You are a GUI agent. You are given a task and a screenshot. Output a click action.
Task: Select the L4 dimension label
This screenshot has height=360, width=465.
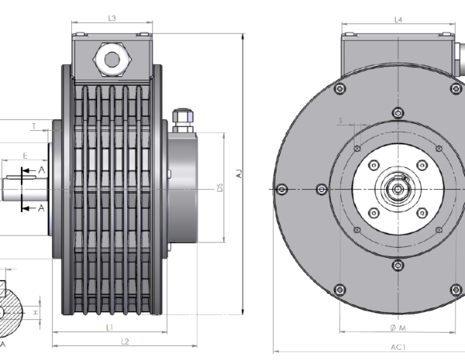398,19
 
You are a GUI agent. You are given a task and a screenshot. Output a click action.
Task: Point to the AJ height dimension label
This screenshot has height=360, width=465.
239,175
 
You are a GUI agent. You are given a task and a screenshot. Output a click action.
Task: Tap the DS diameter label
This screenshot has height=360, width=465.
221,187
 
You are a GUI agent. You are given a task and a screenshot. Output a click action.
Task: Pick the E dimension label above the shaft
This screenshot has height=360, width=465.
26,156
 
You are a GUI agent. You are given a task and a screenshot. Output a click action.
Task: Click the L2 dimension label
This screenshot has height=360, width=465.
124,341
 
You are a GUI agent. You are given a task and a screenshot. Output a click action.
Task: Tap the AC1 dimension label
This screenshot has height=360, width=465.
398,346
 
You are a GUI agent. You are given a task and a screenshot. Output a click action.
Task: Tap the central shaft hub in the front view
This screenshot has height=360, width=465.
398,188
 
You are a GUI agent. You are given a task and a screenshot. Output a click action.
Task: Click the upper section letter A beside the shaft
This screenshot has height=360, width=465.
41,170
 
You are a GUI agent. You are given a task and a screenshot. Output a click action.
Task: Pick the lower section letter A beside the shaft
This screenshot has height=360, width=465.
41,208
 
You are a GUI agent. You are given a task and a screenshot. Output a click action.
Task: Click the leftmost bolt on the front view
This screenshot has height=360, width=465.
282,189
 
